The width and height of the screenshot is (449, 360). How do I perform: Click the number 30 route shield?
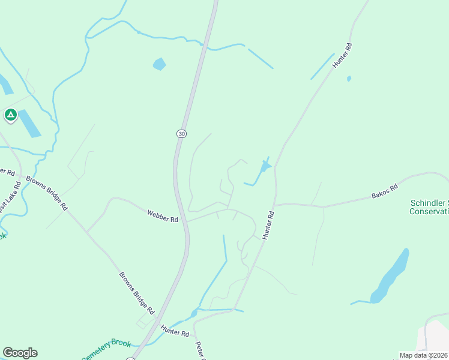click(x=181, y=133)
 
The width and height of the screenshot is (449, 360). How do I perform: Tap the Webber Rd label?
click(x=163, y=216)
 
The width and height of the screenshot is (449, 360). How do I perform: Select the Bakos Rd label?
click(x=385, y=191)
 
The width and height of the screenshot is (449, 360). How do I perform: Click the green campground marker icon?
click(x=10, y=115)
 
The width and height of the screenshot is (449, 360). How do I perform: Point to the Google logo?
click(x=20, y=353)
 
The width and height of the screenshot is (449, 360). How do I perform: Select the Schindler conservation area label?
click(x=429, y=207)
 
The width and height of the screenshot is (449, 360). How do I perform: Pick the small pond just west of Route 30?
click(x=159, y=64)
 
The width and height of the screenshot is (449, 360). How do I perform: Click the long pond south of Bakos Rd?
click(x=391, y=275)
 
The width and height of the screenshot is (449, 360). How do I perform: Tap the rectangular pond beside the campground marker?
click(x=29, y=124)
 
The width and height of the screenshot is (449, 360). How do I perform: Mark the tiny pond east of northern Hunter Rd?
click(x=349, y=79)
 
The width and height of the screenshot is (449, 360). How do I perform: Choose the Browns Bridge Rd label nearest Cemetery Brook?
click(x=137, y=294)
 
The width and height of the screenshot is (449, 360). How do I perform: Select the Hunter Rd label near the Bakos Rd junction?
click(x=268, y=226)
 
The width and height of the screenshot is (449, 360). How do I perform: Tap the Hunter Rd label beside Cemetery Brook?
click(x=175, y=330)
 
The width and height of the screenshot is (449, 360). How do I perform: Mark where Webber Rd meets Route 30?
click(x=186, y=221)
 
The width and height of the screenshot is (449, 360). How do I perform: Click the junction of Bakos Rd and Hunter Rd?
click(x=276, y=205)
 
